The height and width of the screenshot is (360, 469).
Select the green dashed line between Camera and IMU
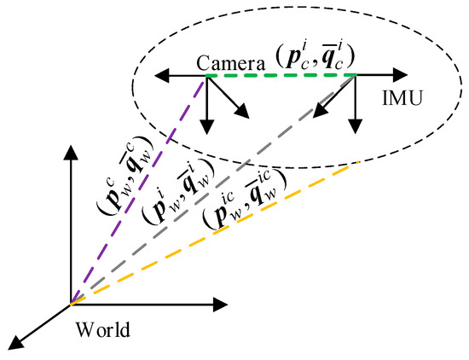pos(281,77)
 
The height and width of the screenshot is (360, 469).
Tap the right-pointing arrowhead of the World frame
pos(223,301)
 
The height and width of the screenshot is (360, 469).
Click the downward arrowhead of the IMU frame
pos(352,129)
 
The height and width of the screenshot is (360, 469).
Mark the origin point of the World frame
pos(71,301)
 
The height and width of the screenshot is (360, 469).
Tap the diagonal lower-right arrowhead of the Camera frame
pos(245,113)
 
